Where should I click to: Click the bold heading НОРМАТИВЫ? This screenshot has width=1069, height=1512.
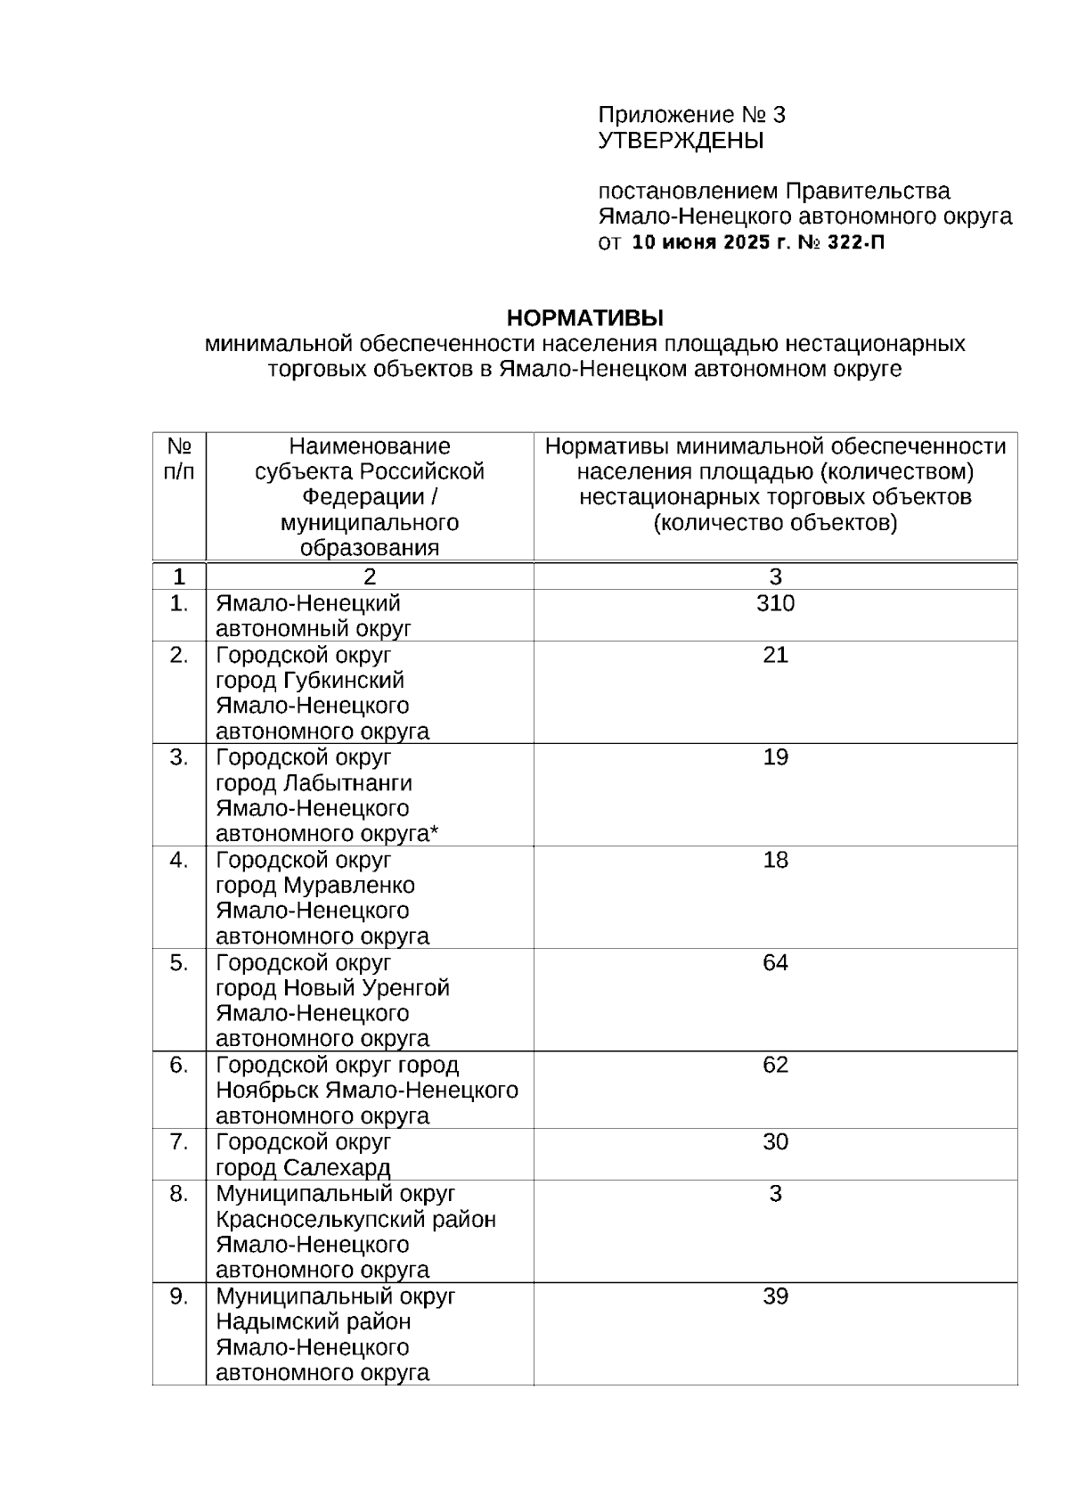click(x=585, y=317)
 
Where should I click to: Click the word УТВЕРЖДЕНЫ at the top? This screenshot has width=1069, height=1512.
click(x=681, y=141)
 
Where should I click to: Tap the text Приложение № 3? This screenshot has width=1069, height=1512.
click(x=691, y=115)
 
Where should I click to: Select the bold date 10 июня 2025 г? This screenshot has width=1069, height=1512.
click(x=711, y=242)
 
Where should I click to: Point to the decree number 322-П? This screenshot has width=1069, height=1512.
click(x=856, y=242)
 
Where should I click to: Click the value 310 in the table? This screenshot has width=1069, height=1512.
click(x=775, y=603)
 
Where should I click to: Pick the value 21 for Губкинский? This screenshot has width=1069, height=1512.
click(x=775, y=655)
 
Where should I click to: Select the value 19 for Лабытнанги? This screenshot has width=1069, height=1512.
click(x=775, y=757)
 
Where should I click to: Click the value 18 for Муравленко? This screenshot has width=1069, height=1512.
click(x=775, y=860)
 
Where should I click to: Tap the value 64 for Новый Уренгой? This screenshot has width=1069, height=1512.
click(x=775, y=962)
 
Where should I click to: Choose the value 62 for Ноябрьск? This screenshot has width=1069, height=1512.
click(x=775, y=1065)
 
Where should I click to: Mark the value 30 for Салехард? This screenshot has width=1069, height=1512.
click(x=775, y=1141)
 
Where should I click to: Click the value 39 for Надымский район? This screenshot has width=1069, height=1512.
click(x=775, y=1295)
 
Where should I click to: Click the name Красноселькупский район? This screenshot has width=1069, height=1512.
click(x=355, y=1219)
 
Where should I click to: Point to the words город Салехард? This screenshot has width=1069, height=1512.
click(x=303, y=1167)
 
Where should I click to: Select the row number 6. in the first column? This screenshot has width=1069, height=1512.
click(x=179, y=1065)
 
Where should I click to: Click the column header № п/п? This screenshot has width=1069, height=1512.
click(x=179, y=458)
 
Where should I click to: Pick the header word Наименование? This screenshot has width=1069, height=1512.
click(x=370, y=446)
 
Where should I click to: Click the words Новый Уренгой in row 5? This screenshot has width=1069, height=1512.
click(x=366, y=988)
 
